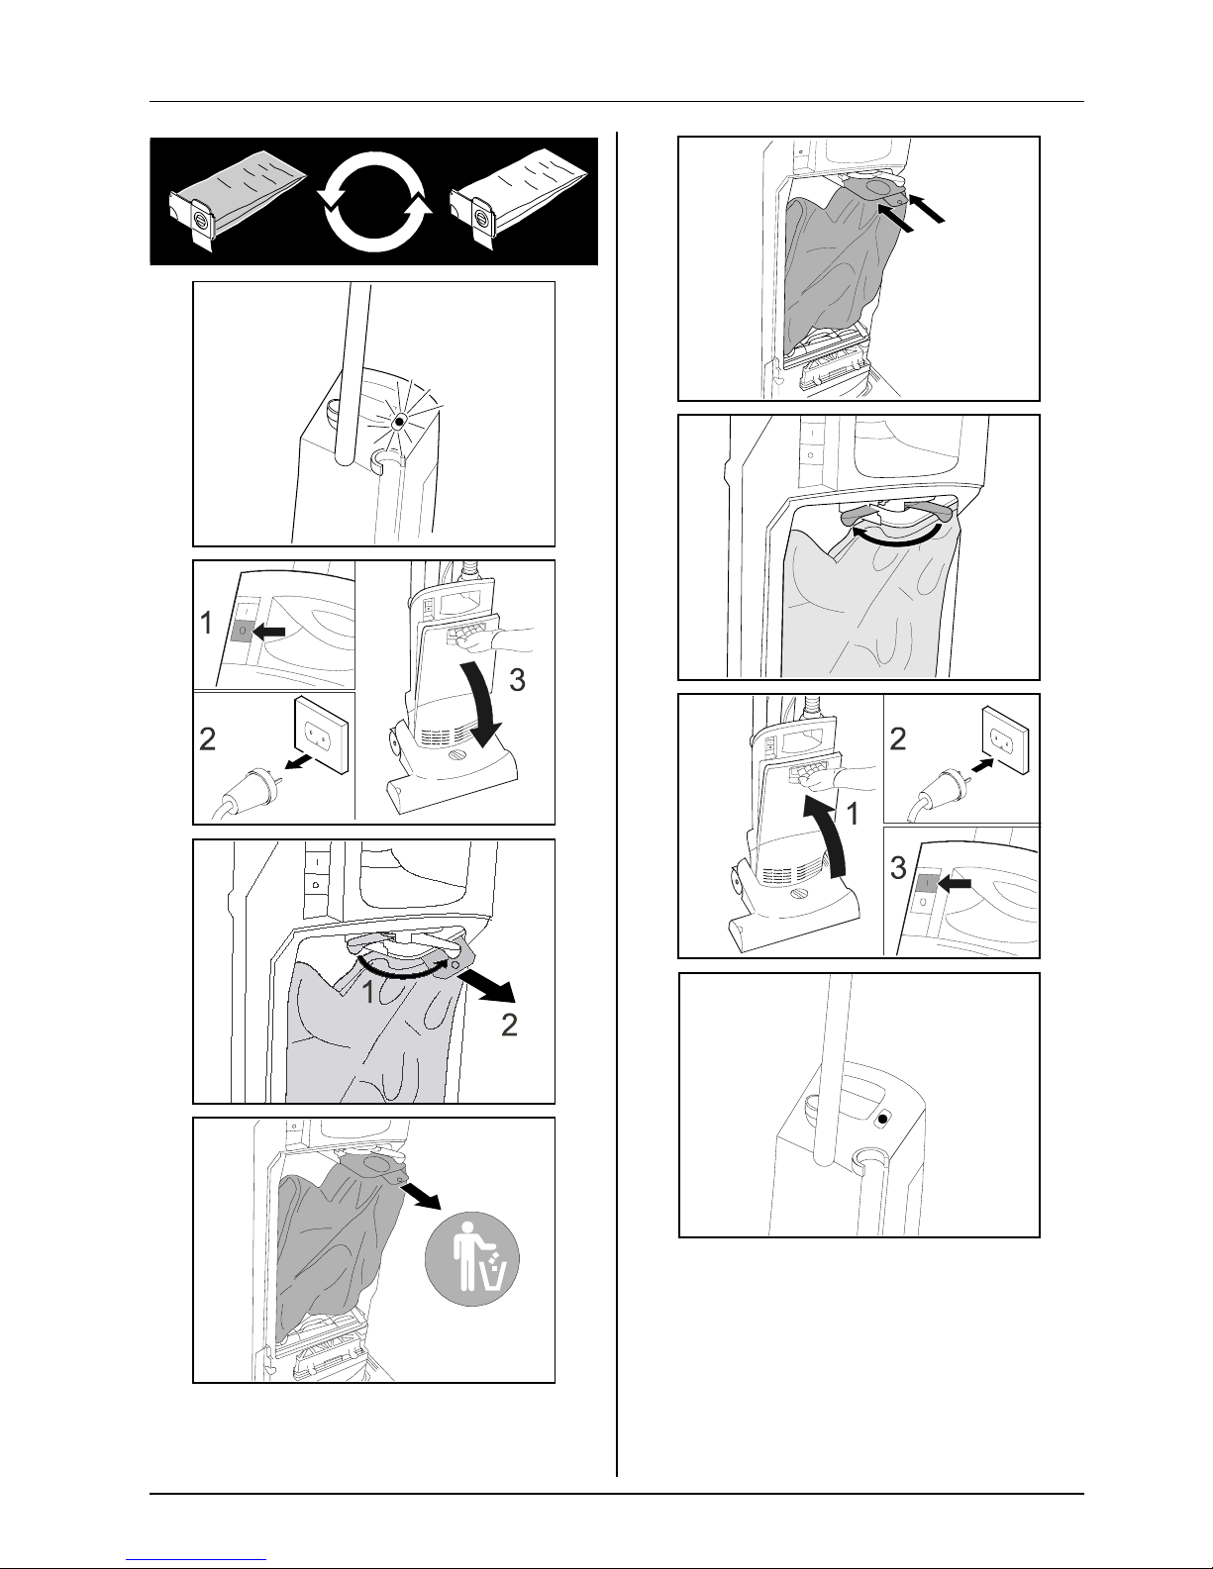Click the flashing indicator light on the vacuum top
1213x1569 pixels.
(398, 421)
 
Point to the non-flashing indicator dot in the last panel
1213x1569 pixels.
(881, 1120)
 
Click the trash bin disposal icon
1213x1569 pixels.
(473, 1258)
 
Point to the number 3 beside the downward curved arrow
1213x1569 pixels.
(517, 680)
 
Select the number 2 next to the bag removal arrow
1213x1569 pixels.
(509, 1026)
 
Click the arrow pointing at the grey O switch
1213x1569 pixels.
(269, 632)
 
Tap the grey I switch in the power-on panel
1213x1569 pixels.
(927, 883)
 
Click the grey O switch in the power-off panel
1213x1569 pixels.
(242, 632)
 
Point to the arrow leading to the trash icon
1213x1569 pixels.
(420, 1194)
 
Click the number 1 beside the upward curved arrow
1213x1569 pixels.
(853, 815)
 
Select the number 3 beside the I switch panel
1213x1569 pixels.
(897, 868)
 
